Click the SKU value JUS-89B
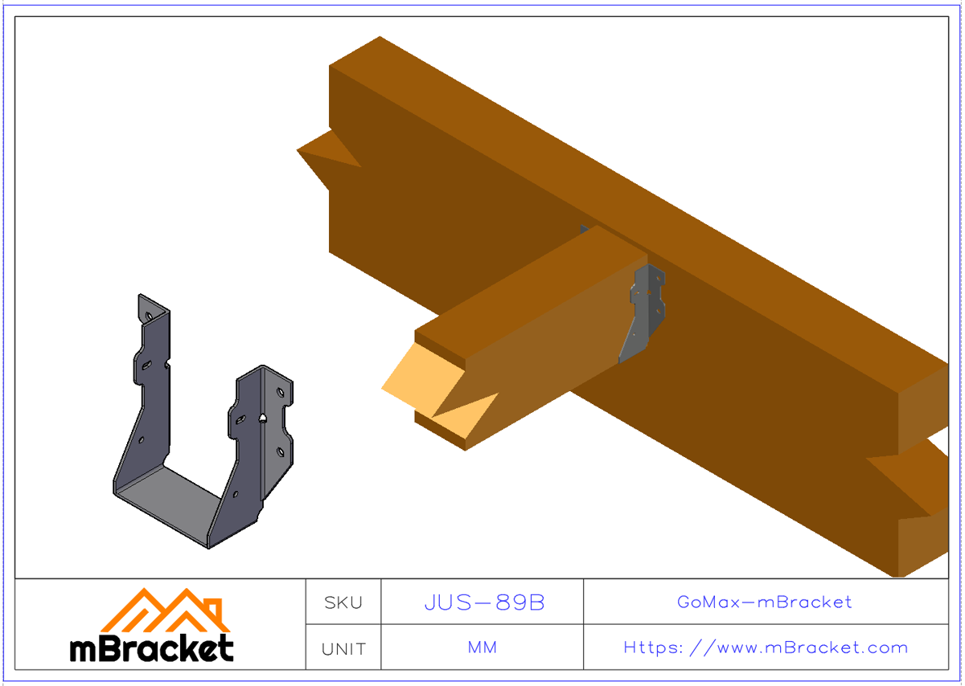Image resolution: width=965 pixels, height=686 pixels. (x=484, y=602)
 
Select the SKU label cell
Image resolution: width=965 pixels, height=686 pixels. (x=343, y=602)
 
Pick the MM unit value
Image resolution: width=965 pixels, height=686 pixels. (x=482, y=648)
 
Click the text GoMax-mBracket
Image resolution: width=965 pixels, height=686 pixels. (x=765, y=602)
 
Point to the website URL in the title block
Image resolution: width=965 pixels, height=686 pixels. (x=766, y=647)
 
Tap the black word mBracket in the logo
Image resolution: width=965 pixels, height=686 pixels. (x=152, y=647)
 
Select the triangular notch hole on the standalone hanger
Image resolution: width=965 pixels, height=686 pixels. (x=264, y=418)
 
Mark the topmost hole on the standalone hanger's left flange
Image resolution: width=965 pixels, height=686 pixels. (x=148, y=317)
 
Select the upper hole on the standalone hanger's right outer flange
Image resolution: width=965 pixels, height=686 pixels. (x=280, y=393)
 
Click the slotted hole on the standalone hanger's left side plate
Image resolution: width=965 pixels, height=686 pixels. (x=147, y=365)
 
